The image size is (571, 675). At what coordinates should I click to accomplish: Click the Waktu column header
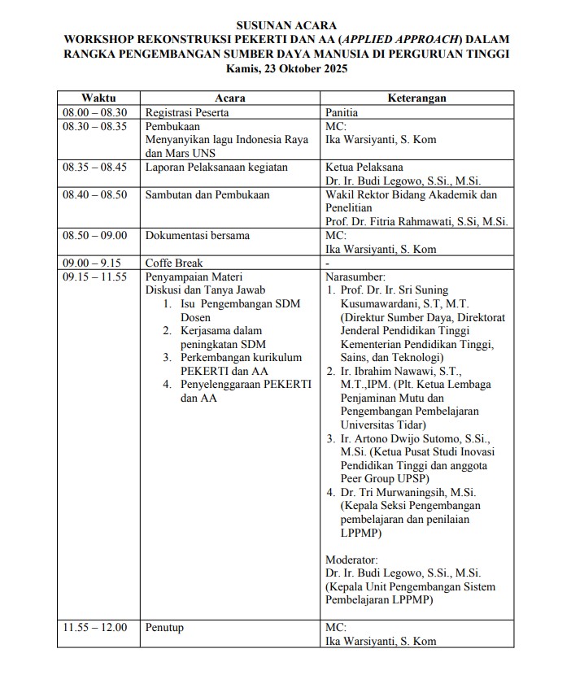97,98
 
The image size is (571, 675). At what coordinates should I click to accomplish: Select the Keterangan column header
416,98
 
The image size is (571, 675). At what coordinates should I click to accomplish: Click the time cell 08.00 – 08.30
94,112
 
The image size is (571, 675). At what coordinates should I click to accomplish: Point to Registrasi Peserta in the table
186,112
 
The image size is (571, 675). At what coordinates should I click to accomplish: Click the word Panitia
342,112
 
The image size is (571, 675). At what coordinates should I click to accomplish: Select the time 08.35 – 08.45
94,168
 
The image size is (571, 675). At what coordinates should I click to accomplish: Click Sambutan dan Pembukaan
207,195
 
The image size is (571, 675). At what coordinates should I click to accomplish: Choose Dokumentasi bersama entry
197,236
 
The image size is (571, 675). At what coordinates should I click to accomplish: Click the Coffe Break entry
174,263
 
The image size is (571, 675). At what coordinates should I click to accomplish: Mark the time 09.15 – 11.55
94,277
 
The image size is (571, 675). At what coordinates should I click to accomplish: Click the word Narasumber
355,277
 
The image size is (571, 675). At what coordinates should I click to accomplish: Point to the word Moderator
351,560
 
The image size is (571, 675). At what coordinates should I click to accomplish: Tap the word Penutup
164,628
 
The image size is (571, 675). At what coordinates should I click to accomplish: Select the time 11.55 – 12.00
94,628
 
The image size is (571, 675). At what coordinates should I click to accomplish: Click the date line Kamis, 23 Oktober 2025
285,69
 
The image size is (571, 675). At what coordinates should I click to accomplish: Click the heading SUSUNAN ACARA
285,25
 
